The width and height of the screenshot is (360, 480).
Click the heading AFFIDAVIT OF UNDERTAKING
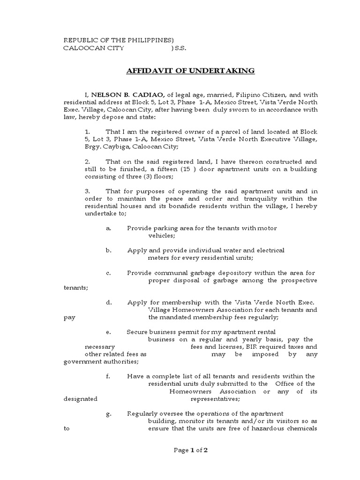click(x=190, y=71)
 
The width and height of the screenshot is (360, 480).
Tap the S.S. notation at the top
click(x=179, y=48)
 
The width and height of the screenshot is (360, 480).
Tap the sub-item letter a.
click(x=108, y=228)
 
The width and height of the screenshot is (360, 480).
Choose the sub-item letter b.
click(x=108, y=250)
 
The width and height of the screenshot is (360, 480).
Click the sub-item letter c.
click(x=108, y=273)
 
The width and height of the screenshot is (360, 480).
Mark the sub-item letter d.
click(x=108, y=302)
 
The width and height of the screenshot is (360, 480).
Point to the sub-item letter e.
click(x=108, y=332)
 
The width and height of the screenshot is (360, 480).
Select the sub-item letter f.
click(x=108, y=376)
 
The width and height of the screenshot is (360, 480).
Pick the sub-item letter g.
click(x=108, y=413)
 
